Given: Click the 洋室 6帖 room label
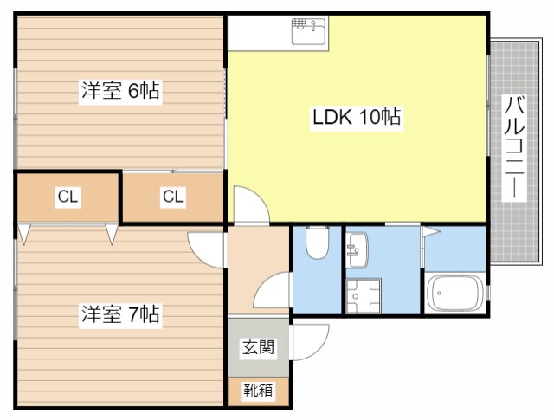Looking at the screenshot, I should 122,90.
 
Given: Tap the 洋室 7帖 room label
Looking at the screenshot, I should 122,314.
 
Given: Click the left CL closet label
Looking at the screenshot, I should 68,197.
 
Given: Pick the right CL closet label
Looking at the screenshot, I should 173,197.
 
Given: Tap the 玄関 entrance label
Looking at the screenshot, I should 258,348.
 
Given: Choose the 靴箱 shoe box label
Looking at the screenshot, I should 258,391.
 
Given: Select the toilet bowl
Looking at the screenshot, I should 317,243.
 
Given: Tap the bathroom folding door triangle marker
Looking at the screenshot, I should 430,232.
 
